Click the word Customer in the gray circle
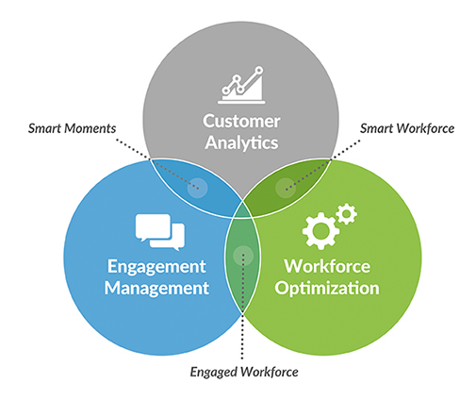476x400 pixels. [x=241, y=121]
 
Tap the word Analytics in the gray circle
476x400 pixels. [x=241, y=143]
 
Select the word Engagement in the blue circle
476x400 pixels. [x=156, y=268]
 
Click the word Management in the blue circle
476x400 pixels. [x=156, y=288]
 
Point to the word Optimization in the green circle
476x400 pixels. [x=327, y=289]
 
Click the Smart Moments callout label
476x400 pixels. [x=72, y=128]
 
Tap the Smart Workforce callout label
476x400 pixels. [x=407, y=128]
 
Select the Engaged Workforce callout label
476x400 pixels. [x=244, y=372]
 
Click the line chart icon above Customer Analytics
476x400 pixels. [x=241, y=85]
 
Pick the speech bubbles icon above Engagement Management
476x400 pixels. [x=160, y=232]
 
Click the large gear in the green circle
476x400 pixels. [x=320, y=231]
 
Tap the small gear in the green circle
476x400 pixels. [x=347, y=214]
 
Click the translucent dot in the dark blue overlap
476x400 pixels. [x=197, y=188]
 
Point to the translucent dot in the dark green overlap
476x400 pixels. [x=286, y=188]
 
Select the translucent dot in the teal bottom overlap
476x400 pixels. [x=243, y=256]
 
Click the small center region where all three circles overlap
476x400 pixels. [x=242, y=210]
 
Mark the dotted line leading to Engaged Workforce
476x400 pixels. [x=242, y=307]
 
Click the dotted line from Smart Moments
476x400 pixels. [x=157, y=164]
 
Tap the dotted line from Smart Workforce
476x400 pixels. [x=323, y=165]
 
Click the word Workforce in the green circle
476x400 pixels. [x=327, y=267]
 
